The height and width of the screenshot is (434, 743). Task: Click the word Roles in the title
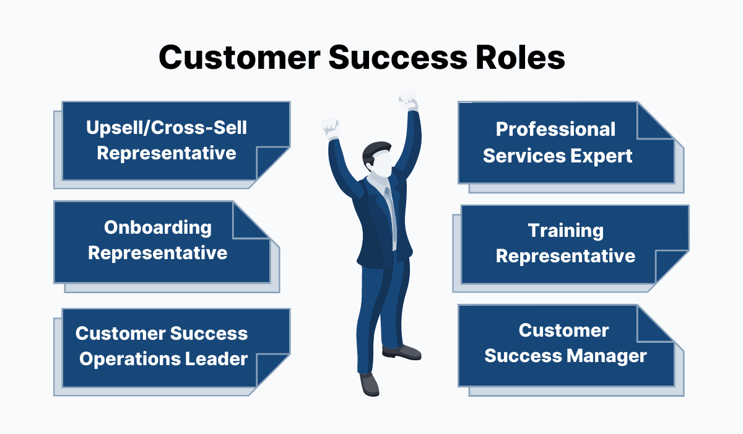[519, 58]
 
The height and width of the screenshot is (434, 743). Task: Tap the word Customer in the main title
[240, 58]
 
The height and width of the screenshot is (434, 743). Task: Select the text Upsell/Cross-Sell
[167, 128]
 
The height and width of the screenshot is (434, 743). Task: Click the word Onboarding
[158, 228]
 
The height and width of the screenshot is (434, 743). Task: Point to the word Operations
[129, 360]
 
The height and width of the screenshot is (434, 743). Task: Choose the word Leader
[216, 359]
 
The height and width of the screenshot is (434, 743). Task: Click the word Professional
[555, 129]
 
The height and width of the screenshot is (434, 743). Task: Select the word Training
[566, 231]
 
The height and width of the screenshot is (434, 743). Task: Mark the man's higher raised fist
[408, 100]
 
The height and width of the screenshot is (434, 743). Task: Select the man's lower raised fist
[331, 128]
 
